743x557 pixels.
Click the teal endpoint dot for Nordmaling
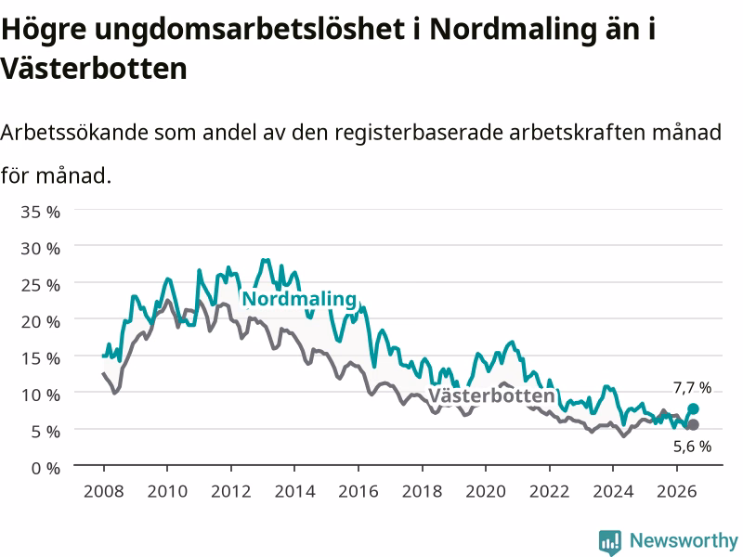693,408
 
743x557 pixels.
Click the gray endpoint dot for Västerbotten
693,425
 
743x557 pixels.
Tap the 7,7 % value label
692,388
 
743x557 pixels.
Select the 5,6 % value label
692,447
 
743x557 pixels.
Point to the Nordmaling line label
299,299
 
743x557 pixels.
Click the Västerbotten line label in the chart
491,395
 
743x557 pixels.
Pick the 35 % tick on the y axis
40,212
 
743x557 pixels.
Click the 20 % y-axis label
40,322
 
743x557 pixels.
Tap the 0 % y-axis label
46,469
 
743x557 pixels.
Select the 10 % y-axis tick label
40,395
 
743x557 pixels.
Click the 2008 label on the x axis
104,491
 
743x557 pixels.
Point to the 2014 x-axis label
294,491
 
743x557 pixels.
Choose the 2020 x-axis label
486,491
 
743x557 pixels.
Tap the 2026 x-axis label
677,491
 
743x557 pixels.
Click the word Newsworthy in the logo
684,540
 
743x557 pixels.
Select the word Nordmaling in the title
513,30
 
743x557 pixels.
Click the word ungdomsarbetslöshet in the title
249,30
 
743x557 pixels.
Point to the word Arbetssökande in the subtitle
74,132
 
